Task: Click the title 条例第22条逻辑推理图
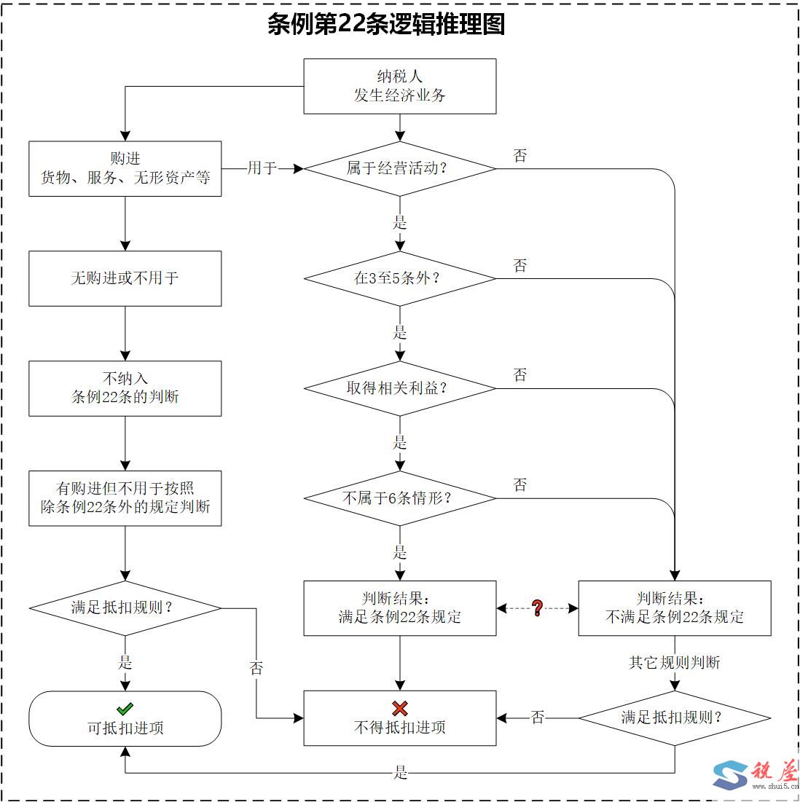pos(386,25)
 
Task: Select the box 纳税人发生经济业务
pos(399,86)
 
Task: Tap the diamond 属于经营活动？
pos(399,168)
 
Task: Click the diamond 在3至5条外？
pos(399,278)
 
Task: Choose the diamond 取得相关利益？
pos(399,388)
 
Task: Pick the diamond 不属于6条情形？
pos(399,498)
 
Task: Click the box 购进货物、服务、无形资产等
pos(125,168)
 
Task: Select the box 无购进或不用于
pos(125,278)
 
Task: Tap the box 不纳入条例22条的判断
pos(125,388)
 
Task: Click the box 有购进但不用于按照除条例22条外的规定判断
pos(125,498)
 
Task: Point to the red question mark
pos(538,608)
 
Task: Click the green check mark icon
pos(125,708)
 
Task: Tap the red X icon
pos(399,708)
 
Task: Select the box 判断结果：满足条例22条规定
pos(399,608)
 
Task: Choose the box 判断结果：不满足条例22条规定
pos(674,608)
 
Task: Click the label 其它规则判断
pos(674,663)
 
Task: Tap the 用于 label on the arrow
pos(262,168)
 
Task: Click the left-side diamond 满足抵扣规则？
pos(125,608)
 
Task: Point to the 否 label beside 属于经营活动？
pos(519,155)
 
